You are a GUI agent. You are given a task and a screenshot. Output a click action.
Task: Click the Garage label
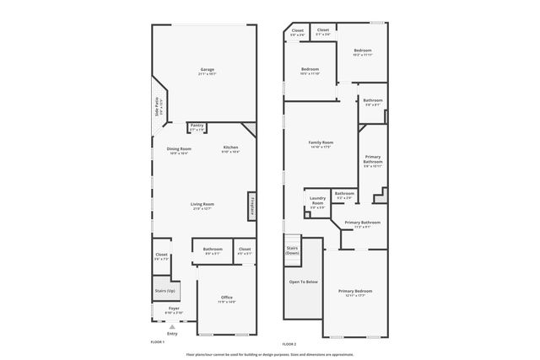pyautogui.click(x=207, y=69)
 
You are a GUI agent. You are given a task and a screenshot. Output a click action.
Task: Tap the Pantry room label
pyautogui.click(x=197, y=126)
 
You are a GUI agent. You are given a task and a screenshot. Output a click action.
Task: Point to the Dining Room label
pyautogui.click(x=179, y=148)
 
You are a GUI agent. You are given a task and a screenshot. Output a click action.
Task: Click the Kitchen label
pyautogui.click(x=230, y=148)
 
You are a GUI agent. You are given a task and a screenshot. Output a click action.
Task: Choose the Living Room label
pyautogui.click(x=202, y=203)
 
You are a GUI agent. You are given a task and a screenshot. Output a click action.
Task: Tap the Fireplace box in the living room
pyautogui.click(x=251, y=207)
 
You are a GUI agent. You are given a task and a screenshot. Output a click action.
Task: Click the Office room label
pyautogui.click(x=226, y=297)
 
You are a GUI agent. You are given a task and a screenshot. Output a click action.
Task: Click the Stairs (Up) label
pyautogui.click(x=164, y=291)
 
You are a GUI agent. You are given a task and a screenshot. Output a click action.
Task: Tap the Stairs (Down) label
pyautogui.click(x=292, y=250)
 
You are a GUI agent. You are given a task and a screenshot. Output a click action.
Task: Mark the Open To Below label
pyautogui.click(x=303, y=282)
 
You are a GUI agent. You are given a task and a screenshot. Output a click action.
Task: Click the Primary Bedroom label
pyautogui.click(x=355, y=291)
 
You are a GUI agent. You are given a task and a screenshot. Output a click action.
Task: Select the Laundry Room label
pyautogui.click(x=317, y=201)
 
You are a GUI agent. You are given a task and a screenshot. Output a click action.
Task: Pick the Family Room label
pyautogui.click(x=321, y=142)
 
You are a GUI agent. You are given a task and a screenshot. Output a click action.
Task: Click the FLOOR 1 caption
pyautogui.click(x=157, y=341)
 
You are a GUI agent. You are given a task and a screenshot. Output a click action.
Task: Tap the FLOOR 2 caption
pyautogui.click(x=289, y=343)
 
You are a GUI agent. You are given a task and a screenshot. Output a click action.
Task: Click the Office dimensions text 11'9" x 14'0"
pyautogui.click(x=226, y=302)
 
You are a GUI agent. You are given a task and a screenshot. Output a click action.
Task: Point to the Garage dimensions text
pyautogui.click(x=207, y=74)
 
